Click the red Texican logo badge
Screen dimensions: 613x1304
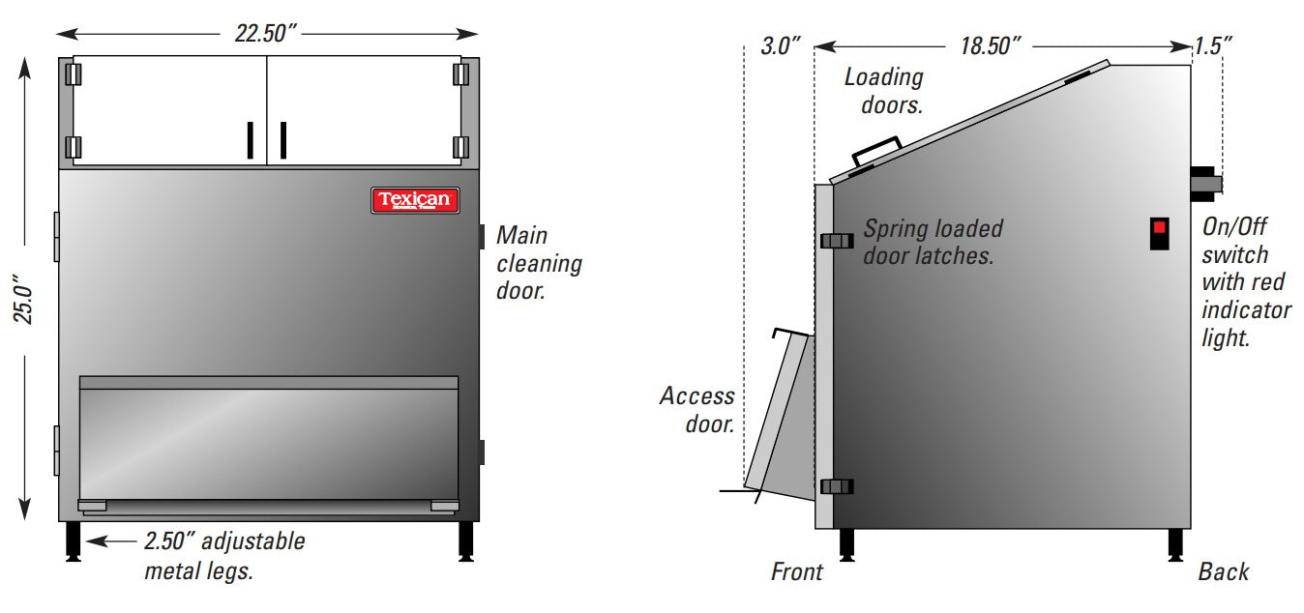tap(415, 200)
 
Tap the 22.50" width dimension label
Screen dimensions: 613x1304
tap(265, 33)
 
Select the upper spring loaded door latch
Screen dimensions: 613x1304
tap(836, 241)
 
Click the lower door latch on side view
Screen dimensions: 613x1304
tap(836, 486)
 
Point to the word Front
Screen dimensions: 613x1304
tap(796, 571)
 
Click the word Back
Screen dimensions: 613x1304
tap(1223, 571)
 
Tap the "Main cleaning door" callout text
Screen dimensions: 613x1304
tap(538, 262)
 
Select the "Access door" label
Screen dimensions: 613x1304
tap(696, 409)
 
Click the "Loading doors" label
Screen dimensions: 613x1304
tap(883, 90)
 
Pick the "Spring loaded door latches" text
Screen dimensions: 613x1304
tap(933, 242)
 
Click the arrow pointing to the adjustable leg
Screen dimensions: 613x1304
tap(111, 541)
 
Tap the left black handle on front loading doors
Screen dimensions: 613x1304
tap(249, 139)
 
